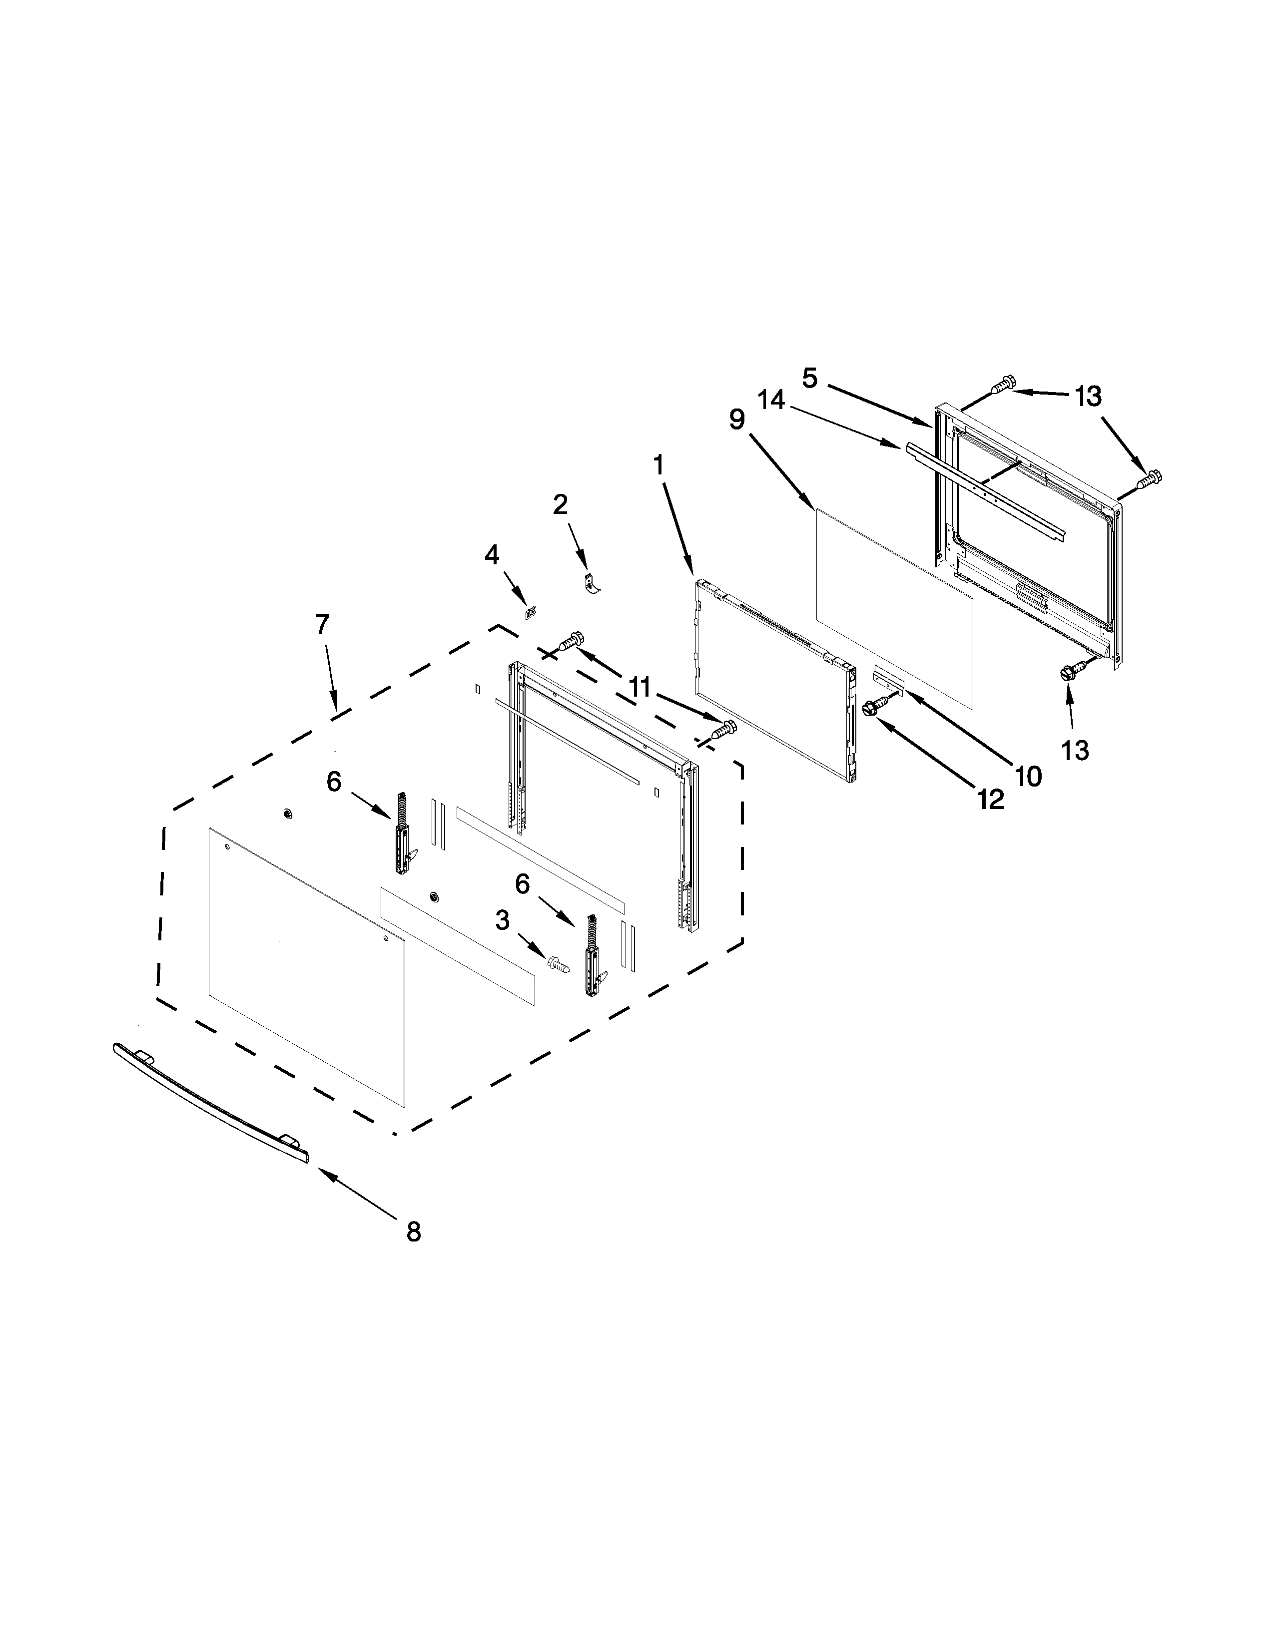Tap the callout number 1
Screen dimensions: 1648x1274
tap(659, 465)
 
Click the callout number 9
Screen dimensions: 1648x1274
tap(736, 419)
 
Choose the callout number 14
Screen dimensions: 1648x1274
tap(772, 400)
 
